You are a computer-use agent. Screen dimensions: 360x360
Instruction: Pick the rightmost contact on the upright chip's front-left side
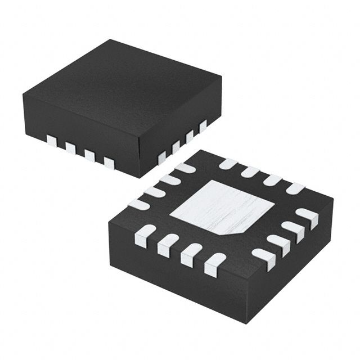109,164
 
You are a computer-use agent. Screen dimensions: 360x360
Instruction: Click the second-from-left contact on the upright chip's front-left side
70,148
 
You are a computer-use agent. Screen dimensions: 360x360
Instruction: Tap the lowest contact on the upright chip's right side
162,157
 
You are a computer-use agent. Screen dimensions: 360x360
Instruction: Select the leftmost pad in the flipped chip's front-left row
145,235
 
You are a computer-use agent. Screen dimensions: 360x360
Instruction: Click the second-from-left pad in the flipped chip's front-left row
168,245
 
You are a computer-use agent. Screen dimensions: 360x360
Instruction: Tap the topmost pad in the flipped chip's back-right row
227,164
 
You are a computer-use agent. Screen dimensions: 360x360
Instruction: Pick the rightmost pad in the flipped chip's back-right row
295,188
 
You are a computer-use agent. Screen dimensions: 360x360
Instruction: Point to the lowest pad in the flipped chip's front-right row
263,258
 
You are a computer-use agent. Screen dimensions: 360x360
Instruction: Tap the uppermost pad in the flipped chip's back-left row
184,168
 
